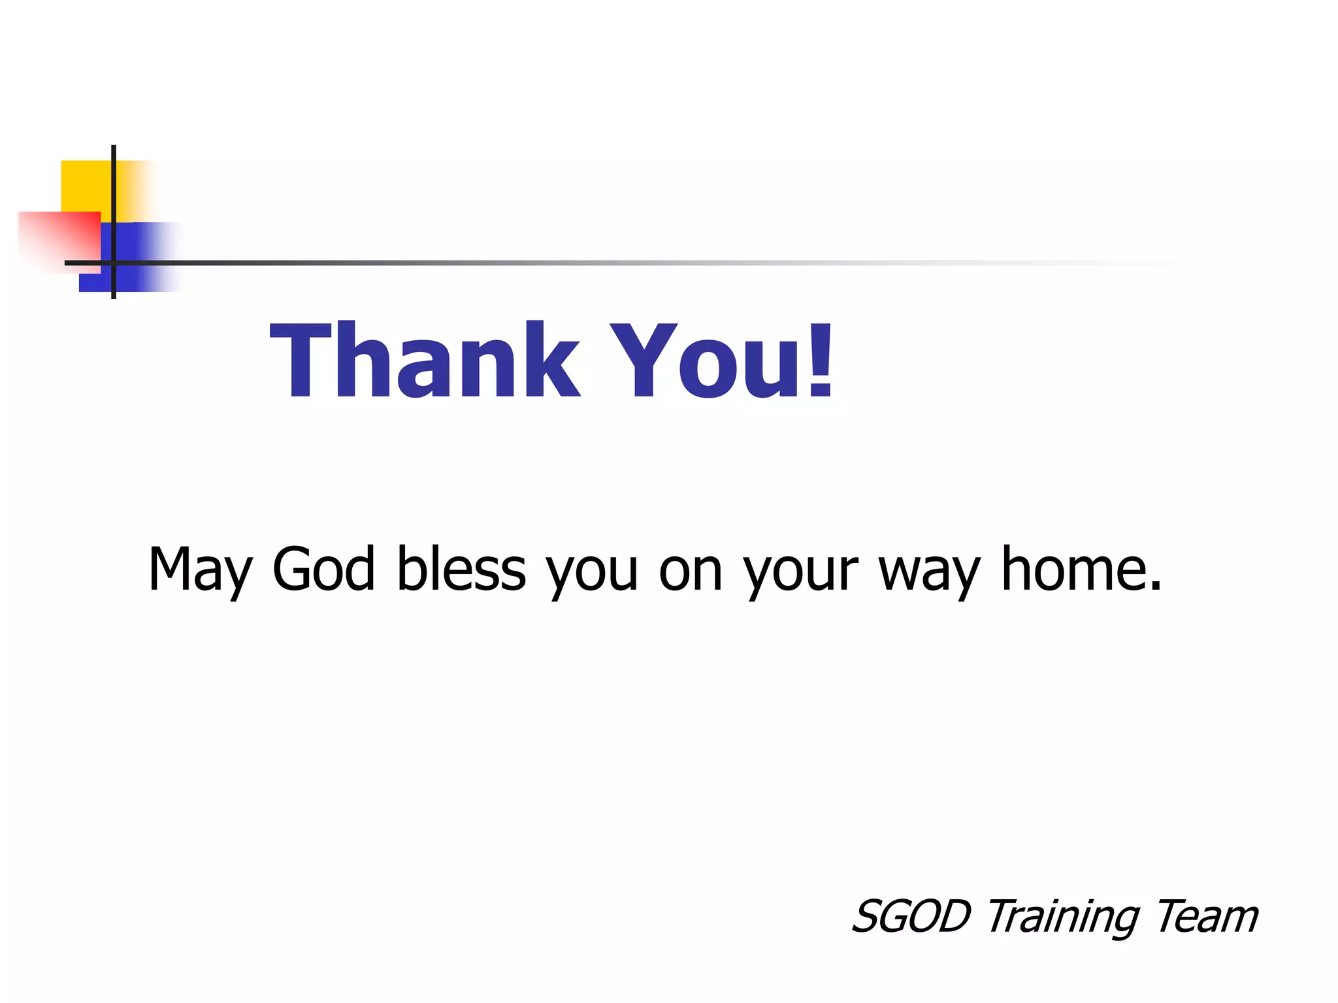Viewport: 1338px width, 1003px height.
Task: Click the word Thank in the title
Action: (425, 360)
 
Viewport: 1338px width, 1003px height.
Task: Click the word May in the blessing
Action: (199, 570)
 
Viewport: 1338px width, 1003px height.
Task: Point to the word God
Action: (323, 569)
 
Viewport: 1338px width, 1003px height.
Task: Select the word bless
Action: (461, 569)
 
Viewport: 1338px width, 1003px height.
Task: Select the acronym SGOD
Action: (912, 916)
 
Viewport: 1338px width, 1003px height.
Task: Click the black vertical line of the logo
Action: (114, 196)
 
